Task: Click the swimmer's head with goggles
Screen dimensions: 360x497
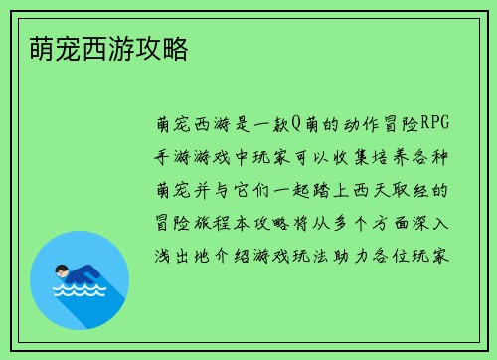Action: click(61, 271)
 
